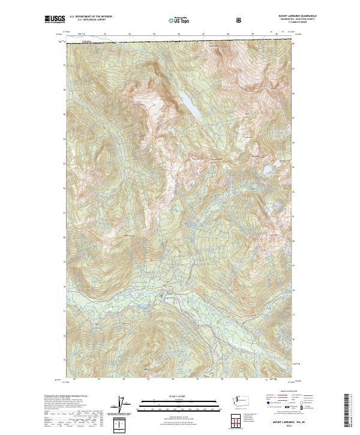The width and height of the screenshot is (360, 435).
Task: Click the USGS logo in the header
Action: click(x=55, y=20)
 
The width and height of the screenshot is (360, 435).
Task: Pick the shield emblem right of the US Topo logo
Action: click(x=239, y=20)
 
